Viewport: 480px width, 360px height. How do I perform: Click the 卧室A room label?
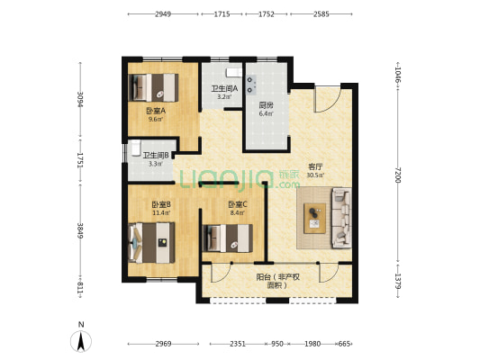156,111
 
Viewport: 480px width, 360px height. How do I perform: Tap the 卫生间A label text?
224,89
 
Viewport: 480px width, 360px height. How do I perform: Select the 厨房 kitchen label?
266,105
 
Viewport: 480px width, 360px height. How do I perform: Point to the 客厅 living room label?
315,166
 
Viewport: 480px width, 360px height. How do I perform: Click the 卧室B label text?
161,204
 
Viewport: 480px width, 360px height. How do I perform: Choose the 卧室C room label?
238,203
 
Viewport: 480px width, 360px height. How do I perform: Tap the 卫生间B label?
156,156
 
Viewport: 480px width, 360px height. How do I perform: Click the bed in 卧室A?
153,87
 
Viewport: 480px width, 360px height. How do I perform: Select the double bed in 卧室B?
152,243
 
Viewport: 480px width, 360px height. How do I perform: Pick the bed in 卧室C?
228,238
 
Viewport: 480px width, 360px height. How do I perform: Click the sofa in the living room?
341,218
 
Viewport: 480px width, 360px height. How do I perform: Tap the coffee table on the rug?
314,219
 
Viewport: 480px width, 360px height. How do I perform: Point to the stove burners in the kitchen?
250,85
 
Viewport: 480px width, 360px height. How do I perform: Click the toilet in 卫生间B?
135,148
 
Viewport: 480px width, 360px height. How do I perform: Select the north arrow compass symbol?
81,341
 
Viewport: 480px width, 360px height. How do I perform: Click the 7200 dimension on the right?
397,175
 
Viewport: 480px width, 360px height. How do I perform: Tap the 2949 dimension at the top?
162,14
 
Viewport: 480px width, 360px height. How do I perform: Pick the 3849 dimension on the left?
80,230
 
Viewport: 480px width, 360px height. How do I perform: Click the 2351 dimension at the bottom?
238,344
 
